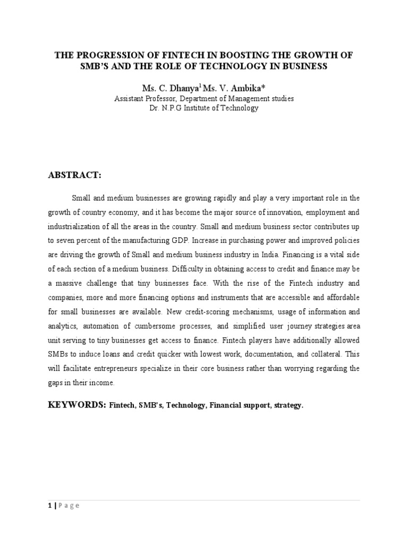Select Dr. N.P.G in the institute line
coord(168,108)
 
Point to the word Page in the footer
coord(69,506)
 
